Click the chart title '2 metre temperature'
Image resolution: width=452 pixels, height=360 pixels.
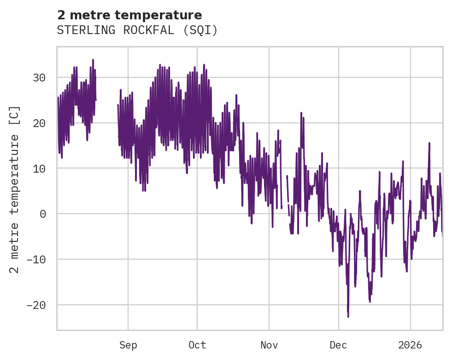coord(129,15)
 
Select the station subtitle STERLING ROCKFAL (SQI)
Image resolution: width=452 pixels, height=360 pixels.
coord(137,30)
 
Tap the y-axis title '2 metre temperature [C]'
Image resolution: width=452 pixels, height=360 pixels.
coord(15,189)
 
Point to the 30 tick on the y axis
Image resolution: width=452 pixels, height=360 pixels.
coord(39,77)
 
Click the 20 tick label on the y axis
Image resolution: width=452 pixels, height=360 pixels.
coord(39,123)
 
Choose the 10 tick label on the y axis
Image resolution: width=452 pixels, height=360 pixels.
coord(39,168)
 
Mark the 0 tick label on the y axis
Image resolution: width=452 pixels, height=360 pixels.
coord(43,214)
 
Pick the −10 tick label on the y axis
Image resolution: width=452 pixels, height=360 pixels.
coord(36,260)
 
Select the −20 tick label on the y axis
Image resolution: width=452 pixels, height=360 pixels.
coord(36,305)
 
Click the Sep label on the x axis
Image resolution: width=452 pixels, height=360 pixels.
coord(128,345)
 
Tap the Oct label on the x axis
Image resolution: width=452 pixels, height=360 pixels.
coord(197,345)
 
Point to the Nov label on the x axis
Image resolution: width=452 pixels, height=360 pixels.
coord(269,345)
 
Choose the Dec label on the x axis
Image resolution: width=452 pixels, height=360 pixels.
coord(338,345)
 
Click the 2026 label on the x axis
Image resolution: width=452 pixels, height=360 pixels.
coord(410,345)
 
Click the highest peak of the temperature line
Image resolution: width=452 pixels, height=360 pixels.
coord(93,59)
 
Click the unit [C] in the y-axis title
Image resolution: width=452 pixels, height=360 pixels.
coord(15,115)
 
